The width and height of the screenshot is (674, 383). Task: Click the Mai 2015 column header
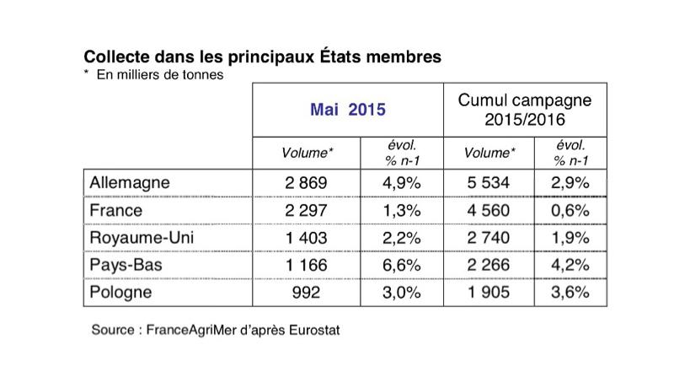[x=348, y=109]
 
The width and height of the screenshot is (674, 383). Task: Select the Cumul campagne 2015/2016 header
[x=524, y=111]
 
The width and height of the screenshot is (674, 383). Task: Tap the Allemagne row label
[x=129, y=182]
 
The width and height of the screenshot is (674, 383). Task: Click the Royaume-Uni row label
[x=141, y=238]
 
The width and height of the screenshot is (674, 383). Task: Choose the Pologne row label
[x=120, y=293]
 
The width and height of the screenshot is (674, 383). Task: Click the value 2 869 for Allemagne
[x=307, y=182]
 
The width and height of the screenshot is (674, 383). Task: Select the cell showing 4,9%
[x=400, y=182]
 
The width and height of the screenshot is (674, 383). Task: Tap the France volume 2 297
[x=307, y=210]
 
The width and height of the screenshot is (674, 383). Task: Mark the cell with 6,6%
[x=400, y=266]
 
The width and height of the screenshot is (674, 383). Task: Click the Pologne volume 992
[x=307, y=293]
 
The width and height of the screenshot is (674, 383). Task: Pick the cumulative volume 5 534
[x=489, y=182]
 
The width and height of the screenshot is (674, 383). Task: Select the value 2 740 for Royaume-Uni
[x=489, y=238]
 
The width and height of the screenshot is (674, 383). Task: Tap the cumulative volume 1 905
[x=489, y=293]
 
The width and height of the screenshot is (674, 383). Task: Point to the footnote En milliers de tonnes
[x=161, y=75]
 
